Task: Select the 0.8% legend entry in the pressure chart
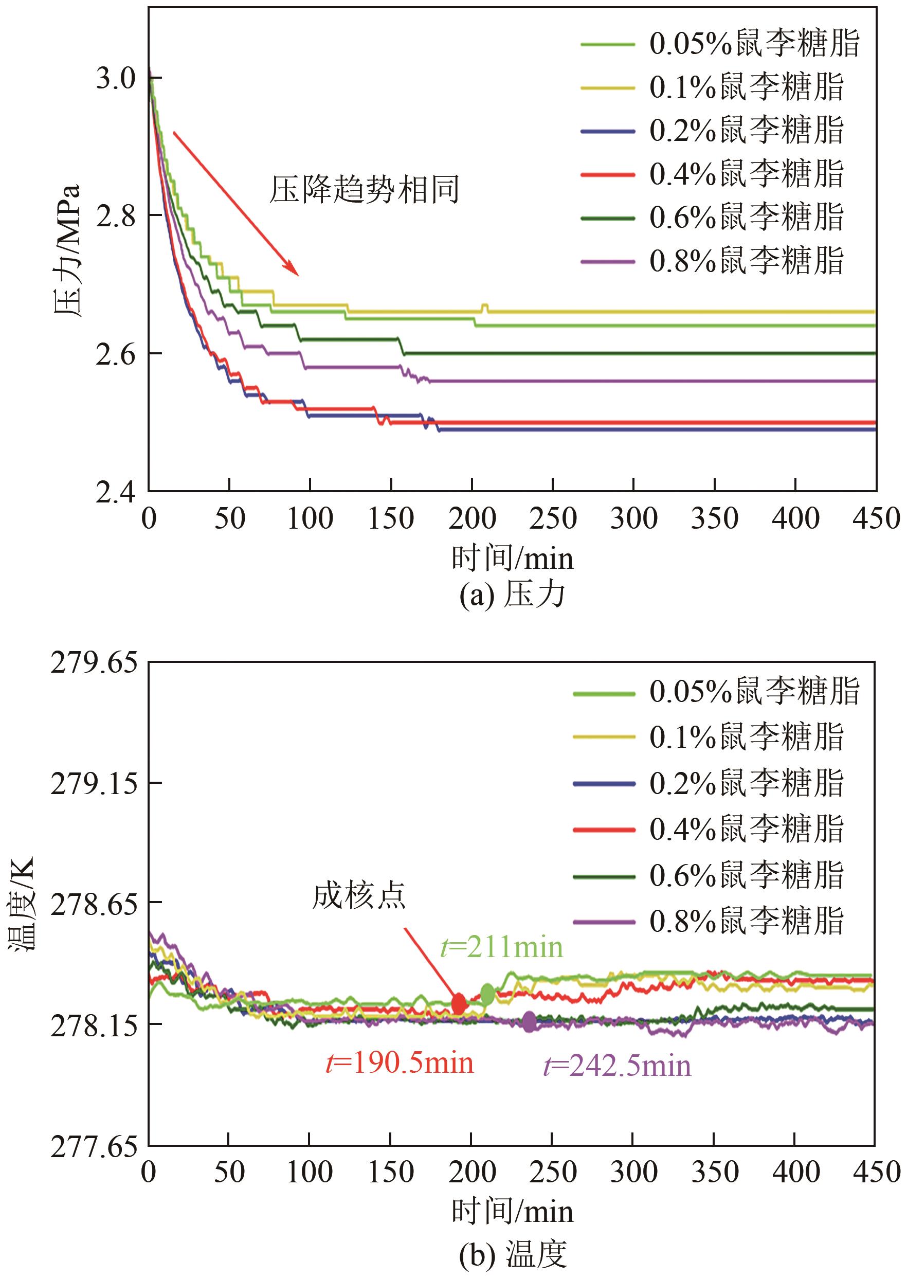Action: [x=712, y=260]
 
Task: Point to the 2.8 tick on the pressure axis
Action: [x=116, y=215]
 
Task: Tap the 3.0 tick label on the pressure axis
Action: [x=116, y=78]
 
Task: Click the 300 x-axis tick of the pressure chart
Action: [x=633, y=518]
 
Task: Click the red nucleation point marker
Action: [x=459, y=1004]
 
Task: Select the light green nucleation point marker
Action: [x=487, y=994]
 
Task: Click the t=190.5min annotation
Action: [x=400, y=1063]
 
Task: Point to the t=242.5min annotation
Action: [x=617, y=1066]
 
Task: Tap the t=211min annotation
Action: [x=501, y=947]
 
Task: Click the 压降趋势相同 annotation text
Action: [x=364, y=190]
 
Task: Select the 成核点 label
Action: [x=358, y=896]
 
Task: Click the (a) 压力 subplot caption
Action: [x=512, y=596]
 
